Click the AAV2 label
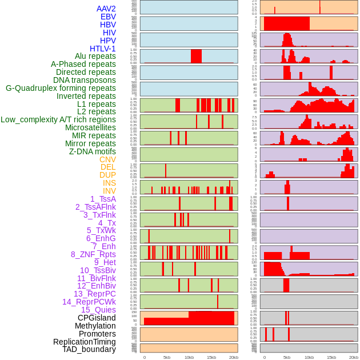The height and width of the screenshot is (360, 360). click(x=106, y=9)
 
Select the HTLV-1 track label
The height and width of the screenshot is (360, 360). click(x=103, y=49)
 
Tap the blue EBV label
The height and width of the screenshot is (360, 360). click(x=108, y=17)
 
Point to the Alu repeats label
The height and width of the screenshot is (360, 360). click(x=95, y=57)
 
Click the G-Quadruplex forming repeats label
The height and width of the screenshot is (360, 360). click(x=61, y=88)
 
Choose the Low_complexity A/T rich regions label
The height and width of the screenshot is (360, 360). click(x=58, y=119)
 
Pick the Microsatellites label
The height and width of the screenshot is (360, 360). click(x=90, y=127)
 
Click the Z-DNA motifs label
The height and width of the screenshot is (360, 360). click(x=93, y=151)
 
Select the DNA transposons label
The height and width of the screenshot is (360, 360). click(x=85, y=80)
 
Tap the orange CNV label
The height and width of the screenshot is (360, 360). click(x=107, y=159)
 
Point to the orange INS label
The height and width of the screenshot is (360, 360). click(x=109, y=183)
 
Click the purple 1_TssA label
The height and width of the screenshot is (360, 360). click(x=103, y=199)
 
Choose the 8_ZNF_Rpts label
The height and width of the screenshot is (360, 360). click(x=93, y=254)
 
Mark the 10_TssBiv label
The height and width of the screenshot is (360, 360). click(x=98, y=270)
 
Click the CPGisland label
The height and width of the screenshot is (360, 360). click(x=97, y=318)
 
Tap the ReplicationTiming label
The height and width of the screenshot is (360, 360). click(x=85, y=342)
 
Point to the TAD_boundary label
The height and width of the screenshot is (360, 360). click(x=89, y=349)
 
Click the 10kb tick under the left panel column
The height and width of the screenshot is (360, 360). click(x=189, y=357)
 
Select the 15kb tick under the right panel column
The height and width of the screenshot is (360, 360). click(x=331, y=357)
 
